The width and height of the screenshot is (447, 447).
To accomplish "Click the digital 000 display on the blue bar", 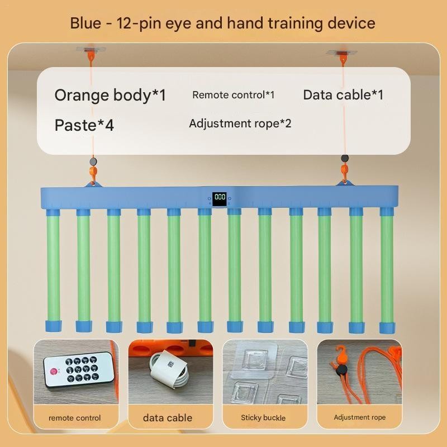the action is pyautogui.click(x=220, y=197).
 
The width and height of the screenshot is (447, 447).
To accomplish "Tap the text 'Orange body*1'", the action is pyautogui.click(x=110, y=95).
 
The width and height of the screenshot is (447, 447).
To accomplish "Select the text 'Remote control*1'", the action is pyautogui.click(x=233, y=95).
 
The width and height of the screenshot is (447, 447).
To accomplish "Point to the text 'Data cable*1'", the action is pyautogui.click(x=343, y=95).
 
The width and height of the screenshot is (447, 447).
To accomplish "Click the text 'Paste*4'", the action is pyautogui.click(x=84, y=125).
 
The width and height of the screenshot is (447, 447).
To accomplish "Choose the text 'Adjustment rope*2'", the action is pyautogui.click(x=240, y=123).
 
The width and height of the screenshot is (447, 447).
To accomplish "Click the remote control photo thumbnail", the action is pyautogui.click(x=76, y=371).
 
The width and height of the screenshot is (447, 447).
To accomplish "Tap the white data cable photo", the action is pyautogui.click(x=170, y=371).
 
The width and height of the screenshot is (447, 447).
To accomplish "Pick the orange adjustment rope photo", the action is pyautogui.click(x=359, y=371).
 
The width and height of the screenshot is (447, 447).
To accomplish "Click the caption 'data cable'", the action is pyautogui.click(x=168, y=417).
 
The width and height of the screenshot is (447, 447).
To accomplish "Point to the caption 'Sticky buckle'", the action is pyautogui.click(x=263, y=417).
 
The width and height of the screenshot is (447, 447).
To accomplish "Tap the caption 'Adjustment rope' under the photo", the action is pyautogui.click(x=359, y=417).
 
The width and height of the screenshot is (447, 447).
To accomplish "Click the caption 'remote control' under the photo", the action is pyautogui.click(x=75, y=417).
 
